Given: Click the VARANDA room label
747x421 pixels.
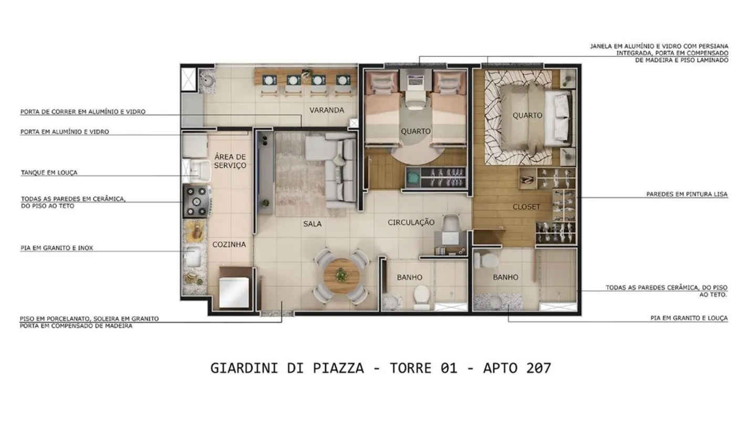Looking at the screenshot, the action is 326,111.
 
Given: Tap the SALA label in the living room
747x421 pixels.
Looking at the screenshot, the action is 312,224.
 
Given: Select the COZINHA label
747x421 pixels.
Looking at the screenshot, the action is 229,245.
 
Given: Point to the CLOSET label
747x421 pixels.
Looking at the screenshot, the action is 526,207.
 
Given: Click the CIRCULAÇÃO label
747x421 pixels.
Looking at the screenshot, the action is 411,223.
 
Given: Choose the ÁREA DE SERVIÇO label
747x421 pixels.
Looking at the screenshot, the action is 230,161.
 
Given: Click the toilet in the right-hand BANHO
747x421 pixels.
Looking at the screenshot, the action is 486,260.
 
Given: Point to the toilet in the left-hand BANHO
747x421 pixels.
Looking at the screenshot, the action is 422,296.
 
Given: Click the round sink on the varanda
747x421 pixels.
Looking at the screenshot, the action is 207,80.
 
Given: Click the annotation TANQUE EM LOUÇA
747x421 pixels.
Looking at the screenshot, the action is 49,173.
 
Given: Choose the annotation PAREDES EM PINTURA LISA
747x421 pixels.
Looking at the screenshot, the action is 687,195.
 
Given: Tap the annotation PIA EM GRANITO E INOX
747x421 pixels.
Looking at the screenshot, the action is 57,248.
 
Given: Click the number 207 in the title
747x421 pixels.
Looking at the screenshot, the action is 538,368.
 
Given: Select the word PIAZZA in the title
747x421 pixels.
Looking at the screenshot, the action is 338,368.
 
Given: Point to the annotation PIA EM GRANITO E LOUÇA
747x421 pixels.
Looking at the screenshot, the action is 689,318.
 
